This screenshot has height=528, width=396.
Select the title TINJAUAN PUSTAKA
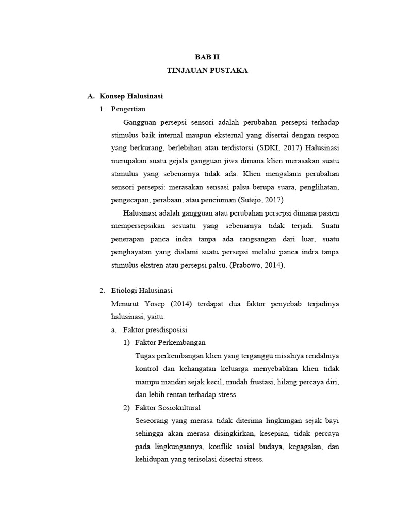point(207,70)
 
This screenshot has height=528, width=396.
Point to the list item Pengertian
point(128,109)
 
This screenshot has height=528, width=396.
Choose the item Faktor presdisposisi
point(156,329)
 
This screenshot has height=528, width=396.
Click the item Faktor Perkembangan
point(170,342)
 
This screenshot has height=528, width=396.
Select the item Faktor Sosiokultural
point(168,407)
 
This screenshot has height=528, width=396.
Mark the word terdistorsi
point(228,148)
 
